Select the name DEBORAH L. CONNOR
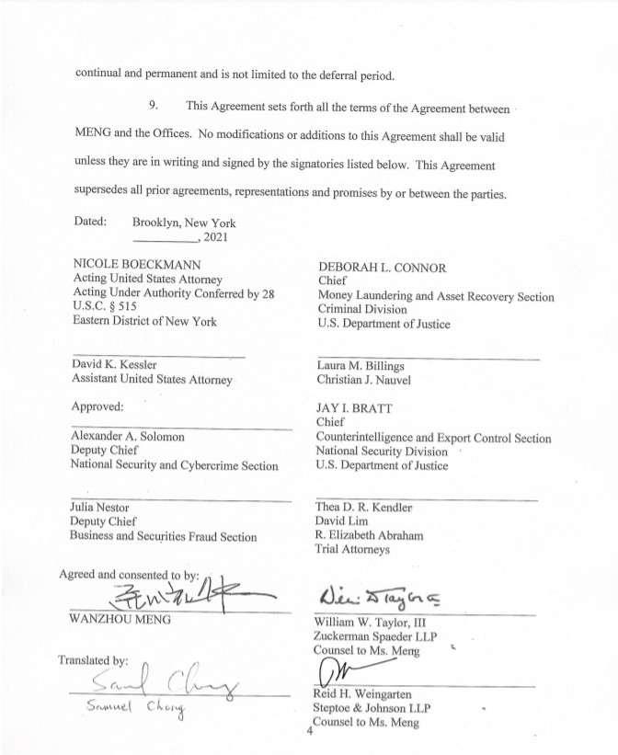click(382, 268)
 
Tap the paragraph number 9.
click(153, 108)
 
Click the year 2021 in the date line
click(220, 237)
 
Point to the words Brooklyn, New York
click(184, 223)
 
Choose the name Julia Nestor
click(100, 507)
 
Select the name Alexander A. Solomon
click(128, 437)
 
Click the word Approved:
click(97, 405)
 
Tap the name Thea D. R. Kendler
click(364, 507)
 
